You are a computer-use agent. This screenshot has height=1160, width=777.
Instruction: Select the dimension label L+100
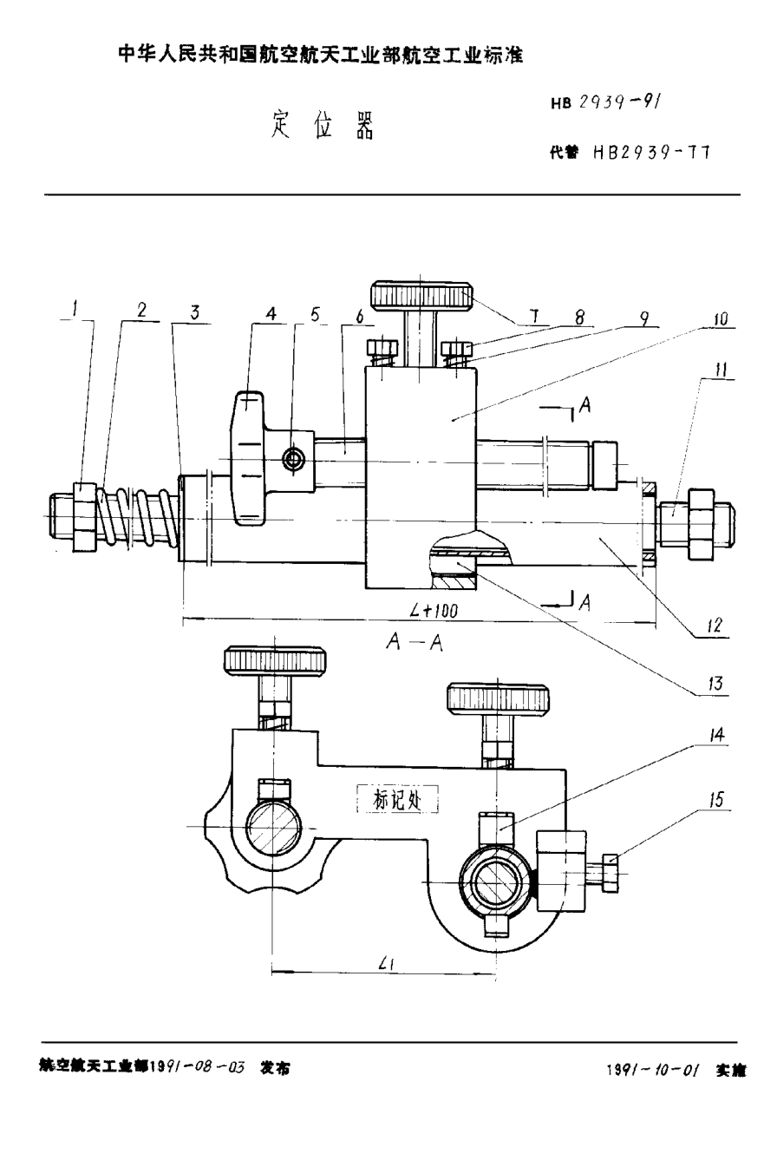[434, 611]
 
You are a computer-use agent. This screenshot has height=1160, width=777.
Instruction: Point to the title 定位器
[323, 127]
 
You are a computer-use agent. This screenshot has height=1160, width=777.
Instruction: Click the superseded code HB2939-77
[650, 152]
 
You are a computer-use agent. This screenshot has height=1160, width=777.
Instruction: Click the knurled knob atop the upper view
[420, 296]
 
